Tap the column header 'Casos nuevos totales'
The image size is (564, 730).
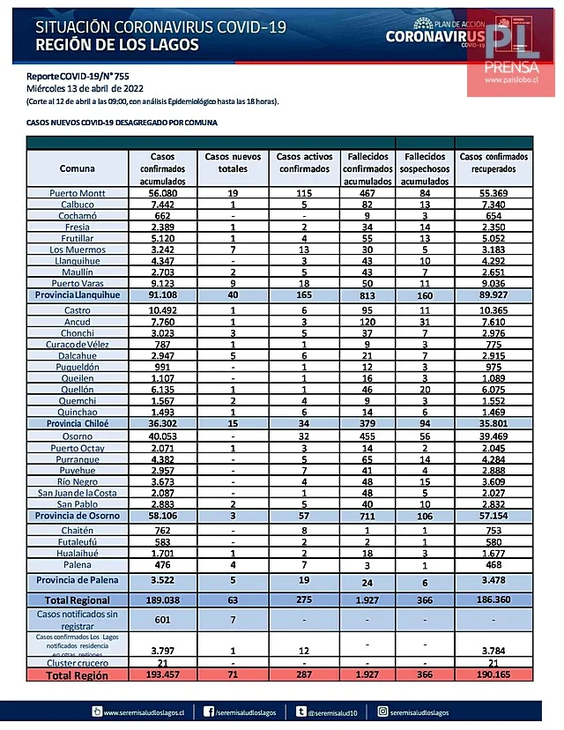click(x=234, y=162)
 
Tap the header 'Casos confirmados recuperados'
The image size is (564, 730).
click(x=493, y=162)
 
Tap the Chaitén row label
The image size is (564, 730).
click(x=78, y=531)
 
